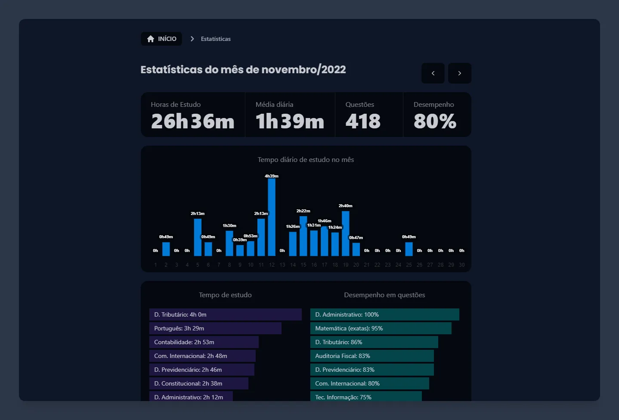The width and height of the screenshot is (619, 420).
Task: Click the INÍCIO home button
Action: (x=161, y=39)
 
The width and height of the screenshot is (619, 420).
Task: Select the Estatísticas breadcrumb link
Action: (x=216, y=39)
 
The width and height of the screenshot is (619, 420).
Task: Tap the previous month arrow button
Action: (x=433, y=73)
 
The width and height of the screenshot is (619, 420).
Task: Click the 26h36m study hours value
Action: (x=192, y=121)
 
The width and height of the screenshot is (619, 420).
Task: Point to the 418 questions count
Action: (x=363, y=121)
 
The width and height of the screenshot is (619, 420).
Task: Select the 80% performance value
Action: (x=435, y=121)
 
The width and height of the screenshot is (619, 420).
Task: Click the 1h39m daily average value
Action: (x=290, y=121)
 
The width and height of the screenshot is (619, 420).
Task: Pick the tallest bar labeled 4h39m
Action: (x=272, y=218)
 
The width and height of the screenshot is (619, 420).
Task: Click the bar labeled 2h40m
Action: (x=346, y=234)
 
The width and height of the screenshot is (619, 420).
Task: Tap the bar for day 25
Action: (x=409, y=249)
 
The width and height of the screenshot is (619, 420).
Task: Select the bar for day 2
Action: (x=166, y=249)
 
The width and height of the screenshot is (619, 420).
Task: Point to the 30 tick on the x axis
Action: (x=461, y=265)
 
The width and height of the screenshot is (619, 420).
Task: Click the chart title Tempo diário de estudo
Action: (x=306, y=160)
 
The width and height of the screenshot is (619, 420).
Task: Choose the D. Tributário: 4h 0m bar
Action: (x=225, y=314)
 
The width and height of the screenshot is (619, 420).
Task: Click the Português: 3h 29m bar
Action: (x=215, y=328)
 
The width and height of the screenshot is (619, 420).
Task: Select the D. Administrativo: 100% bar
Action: (x=384, y=314)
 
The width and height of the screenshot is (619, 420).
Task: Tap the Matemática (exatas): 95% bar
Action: (x=381, y=328)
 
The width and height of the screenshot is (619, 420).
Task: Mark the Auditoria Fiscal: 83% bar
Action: (x=372, y=356)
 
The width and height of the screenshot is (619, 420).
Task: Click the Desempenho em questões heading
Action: (x=384, y=295)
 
